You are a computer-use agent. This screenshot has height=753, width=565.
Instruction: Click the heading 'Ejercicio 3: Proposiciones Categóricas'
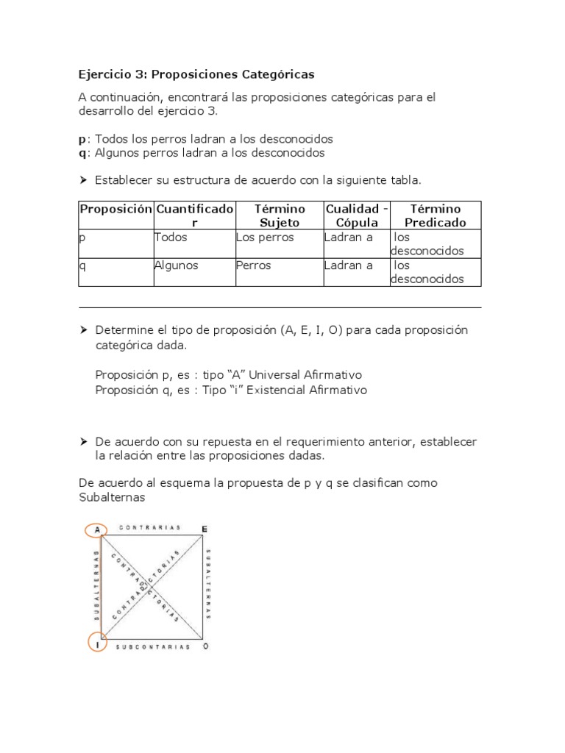pyautogui.click(x=196, y=74)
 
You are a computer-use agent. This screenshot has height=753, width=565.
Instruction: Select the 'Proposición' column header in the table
pyautogui.click(x=116, y=209)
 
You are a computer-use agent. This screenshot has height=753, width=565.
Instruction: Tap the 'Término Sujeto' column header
pyautogui.click(x=279, y=215)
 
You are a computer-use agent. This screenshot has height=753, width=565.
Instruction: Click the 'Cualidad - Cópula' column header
pyautogui.click(x=357, y=215)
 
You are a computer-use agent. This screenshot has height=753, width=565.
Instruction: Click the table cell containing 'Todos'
pyautogui.click(x=171, y=238)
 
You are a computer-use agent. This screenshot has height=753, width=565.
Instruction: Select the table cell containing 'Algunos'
pyautogui.click(x=177, y=265)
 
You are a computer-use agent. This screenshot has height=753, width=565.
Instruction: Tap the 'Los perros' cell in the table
pyautogui.click(x=265, y=238)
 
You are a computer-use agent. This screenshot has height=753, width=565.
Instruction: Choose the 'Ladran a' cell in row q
pyautogui.click(x=349, y=265)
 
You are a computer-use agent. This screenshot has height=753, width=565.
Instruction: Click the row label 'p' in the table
pyautogui.click(x=82, y=238)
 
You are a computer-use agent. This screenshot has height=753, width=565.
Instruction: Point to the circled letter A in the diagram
pyautogui.click(x=96, y=529)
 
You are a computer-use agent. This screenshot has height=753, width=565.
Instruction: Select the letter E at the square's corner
pyautogui.click(x=204, y=529)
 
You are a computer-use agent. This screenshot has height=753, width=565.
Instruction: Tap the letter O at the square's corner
pyautogui.click(x=205, y=646)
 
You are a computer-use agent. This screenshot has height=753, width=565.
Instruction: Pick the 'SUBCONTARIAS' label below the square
pyautogui.click(x=153, y=646)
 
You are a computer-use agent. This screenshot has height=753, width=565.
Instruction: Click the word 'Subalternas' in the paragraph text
pyautogui.click(x=112, y=497)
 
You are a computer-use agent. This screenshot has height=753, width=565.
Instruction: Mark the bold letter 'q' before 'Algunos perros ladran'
pyautogui.click(x=82, y=153)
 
